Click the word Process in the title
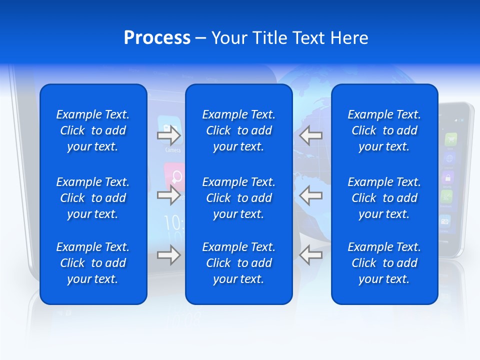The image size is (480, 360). click(157, 38)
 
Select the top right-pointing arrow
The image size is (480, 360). click(168, 135)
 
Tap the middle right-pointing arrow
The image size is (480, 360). click(168, 195)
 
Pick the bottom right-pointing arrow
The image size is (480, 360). click(168, 255)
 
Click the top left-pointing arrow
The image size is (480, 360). click(310, 135)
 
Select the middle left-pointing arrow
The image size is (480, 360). click(310, 195)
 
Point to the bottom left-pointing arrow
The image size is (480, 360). click(310, 255)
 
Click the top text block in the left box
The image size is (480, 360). click(93, 130)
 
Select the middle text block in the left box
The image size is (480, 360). click(93, 198)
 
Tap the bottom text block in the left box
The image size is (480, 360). click(93, 263)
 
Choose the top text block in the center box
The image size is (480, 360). click(239, 130)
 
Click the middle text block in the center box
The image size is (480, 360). click(239, 198)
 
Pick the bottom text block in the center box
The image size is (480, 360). click(239, 263)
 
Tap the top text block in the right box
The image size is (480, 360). click(384, 130)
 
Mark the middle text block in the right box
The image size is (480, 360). click(384, 198)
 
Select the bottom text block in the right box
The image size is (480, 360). click(384, 263)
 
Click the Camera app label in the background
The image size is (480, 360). click(173, 150)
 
